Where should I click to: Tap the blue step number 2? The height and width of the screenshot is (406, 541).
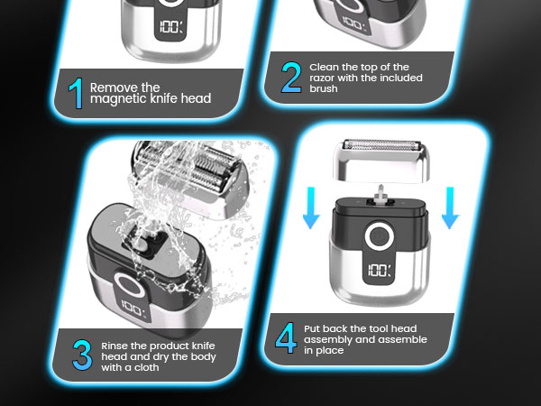pos(290,79)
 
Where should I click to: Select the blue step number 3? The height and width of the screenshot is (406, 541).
pos(82,355)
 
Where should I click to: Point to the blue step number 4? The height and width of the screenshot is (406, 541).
pos(286,340)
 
